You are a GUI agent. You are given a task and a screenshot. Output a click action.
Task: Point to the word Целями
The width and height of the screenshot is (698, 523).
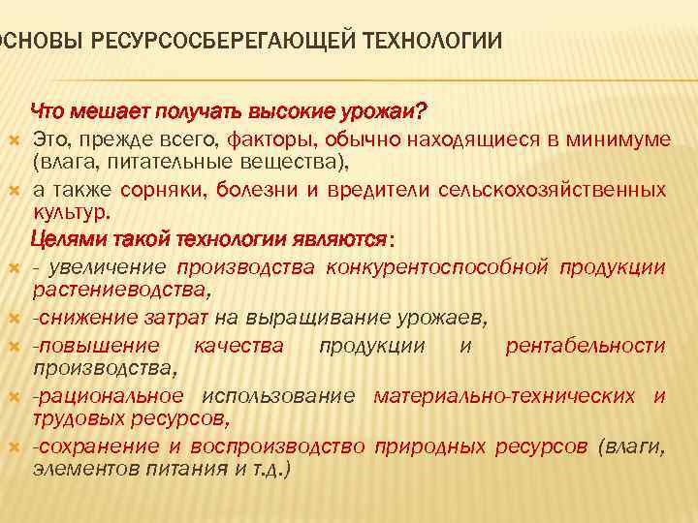66,238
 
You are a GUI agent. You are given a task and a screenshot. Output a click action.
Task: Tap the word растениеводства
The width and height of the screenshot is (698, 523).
121,288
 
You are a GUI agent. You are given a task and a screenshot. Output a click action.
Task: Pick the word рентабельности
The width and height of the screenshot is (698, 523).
585,346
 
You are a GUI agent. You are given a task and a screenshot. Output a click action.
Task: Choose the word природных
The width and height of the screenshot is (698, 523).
430,446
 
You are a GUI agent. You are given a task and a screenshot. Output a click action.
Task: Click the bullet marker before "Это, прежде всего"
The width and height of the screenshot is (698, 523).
18,140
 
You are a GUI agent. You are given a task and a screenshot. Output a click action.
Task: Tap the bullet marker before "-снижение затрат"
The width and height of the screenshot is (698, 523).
18,319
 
